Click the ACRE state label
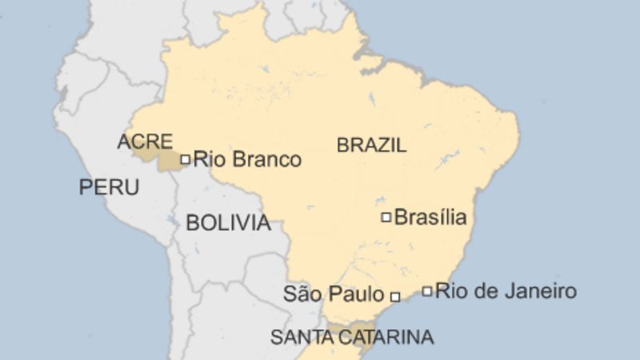pyautogui.click(x=145, y=142)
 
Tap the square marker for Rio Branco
pyautogui.click(x=185, y=159)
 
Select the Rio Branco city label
pyautogui.click(x=247, y=159)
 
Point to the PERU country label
pyautogui.click(x=108, y=187)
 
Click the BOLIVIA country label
pyautogui.click(x=228, y=222)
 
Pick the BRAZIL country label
pyautogui.click(x=371, y=145)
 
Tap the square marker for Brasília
pyautogui.click(x=386, y=217)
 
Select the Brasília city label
pyautogui.click(x=430, y=217)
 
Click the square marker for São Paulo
pyautogui.click(x=394, y=296)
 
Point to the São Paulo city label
pyautogui.click(x=334, y=294)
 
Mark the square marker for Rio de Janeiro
pyautogui.click(x=428, y=290)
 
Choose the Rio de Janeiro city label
pyautogui.click(x=506, y=290)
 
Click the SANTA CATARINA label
pyautogui.click(x=352, y=337)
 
